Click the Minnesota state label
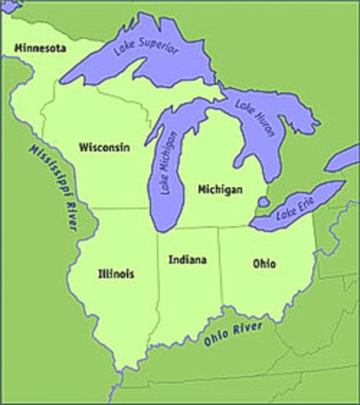coord(34,49)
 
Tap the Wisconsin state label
coord(104,147)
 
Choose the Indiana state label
coord(186,259)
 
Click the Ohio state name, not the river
coord(264,264)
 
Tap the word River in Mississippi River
coord(61,218)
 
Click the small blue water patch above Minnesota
coord(8,7)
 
